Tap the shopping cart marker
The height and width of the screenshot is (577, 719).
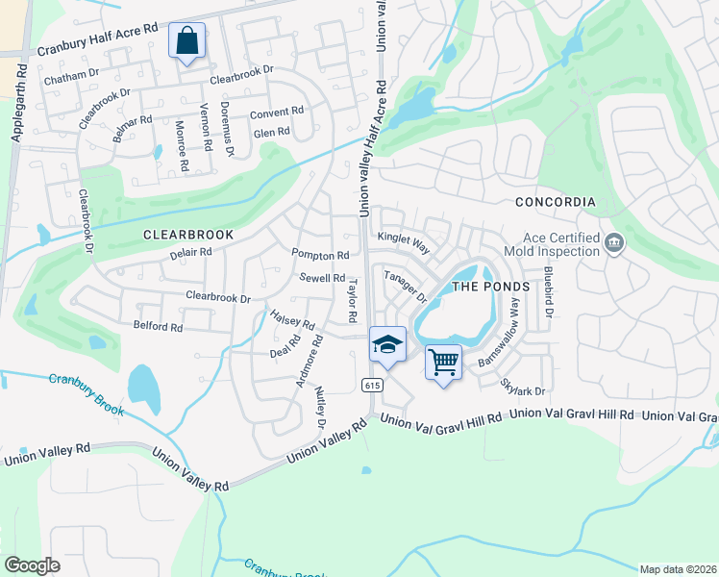[443, 364]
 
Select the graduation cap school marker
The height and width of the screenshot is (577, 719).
[387, 346]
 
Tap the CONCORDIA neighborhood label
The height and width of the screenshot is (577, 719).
[556, 202]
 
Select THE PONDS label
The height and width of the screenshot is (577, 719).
[490, 287]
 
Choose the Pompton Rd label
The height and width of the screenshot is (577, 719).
[320, 256]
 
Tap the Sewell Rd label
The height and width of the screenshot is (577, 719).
[322, 278]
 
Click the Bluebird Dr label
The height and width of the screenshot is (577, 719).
[549, 291]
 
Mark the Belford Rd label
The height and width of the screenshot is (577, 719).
[158, 327]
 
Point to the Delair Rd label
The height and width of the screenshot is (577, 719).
[190, 253]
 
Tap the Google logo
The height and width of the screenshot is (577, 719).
[32, 565]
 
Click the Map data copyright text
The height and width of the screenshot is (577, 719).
[678, 569]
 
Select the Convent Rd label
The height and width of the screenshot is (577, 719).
[277, 113]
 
